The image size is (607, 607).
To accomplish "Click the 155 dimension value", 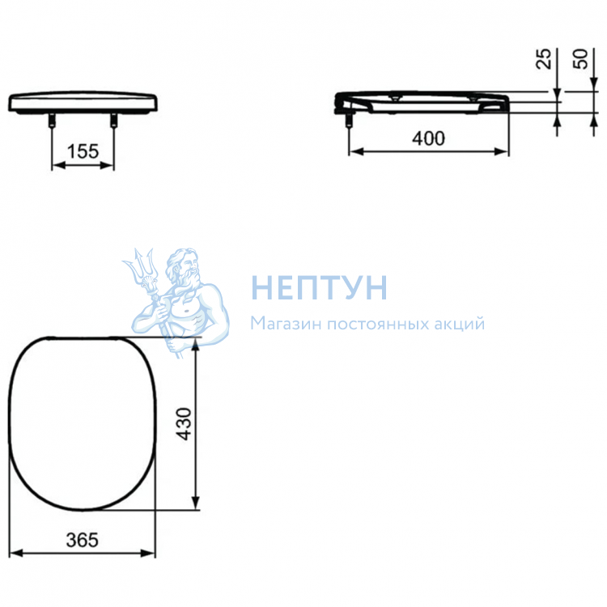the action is pyautogui.click(x=83, y=151).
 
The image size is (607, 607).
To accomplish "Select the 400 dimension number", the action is pyautogui.click(x=428, y=138).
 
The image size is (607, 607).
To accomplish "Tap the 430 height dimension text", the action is pyautogui.click(x=185, y=424).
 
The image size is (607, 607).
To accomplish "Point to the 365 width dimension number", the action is pyautogui.click(x=83, y=540).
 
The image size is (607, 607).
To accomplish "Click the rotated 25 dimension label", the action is pyautogui.click(x=544, y=59).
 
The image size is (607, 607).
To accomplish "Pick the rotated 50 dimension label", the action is pyautogui.click(x=580, y=59).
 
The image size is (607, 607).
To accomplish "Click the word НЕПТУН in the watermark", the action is pyautogui.click(x=320, y=287).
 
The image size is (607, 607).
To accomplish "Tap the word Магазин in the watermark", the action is pyautogui.click(x=286, y=324).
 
